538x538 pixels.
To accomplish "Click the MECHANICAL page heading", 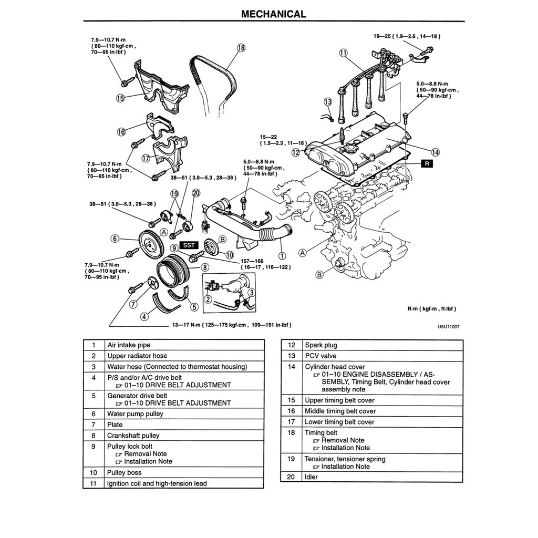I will coord(273,14).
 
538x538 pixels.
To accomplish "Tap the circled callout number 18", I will coord(241,48).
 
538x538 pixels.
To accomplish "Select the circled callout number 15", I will coord(120,98).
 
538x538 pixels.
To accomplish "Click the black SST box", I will coord(188,245).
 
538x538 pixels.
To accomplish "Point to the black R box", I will coord(427,163).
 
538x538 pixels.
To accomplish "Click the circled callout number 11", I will coord(343,53).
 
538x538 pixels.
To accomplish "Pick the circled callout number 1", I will coord(282,256).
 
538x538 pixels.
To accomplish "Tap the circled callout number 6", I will coord(115,239).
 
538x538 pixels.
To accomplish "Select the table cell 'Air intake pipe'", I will coord(129,345).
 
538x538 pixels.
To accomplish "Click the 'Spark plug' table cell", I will coord(321,345).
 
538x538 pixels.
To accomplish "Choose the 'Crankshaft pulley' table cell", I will coord(133,436).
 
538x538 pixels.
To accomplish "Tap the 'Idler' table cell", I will coord(311,477).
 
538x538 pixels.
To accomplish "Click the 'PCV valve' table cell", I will coord(319,356).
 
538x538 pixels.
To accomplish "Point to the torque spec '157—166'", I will coord(252,261).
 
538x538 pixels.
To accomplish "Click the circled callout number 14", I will coord(437,152).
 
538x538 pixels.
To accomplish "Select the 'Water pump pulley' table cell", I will coord(135,414).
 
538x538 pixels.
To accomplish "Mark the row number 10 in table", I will coord(93,472).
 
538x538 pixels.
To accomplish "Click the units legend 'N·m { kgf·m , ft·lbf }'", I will coord(432,309).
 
